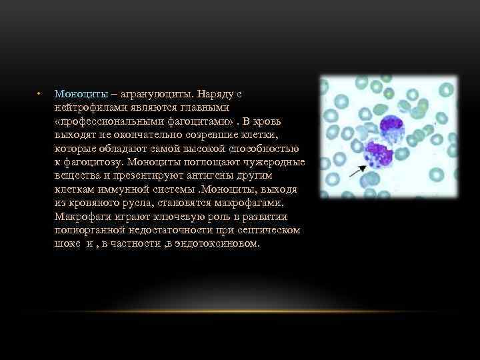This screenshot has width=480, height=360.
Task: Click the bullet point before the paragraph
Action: tap(39, 93)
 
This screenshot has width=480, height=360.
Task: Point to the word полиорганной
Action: tap(91, 230)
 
